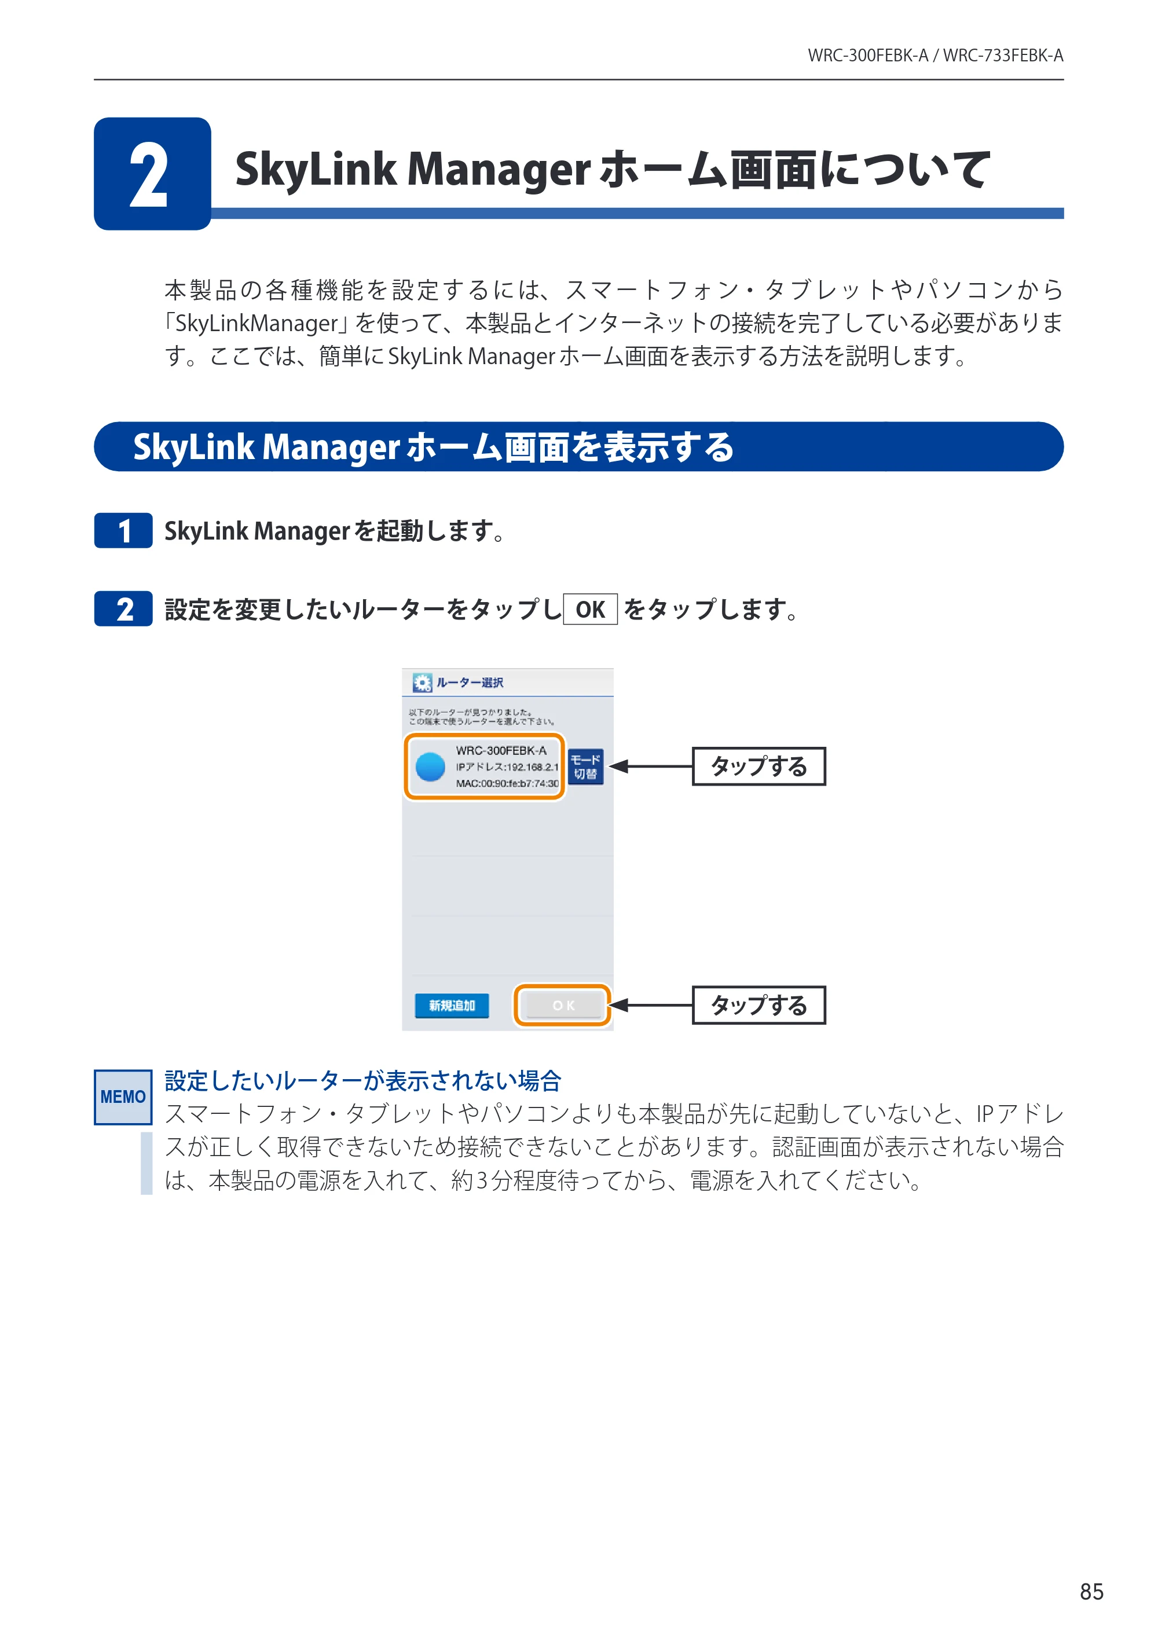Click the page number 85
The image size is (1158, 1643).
coord(1091,1591)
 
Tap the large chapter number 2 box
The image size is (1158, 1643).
coord(152,174)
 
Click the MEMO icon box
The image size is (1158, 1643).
coord(123,1096)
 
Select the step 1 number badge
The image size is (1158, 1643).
coord(123,530)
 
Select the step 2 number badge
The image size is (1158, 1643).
coord(123,609)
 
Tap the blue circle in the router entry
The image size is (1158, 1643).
coord(430,767)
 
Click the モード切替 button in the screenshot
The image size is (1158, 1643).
coord(585,767)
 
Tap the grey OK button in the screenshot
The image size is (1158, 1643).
coord(563,1006)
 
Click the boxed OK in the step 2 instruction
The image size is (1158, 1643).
coord(591,609)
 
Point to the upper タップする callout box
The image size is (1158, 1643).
coord(758,767)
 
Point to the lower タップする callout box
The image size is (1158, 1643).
coord(758,1006)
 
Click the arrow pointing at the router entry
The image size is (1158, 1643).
coord(651,767)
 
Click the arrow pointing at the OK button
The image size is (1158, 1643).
coord(651,1006)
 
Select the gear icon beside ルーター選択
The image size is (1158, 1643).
coord(422,683)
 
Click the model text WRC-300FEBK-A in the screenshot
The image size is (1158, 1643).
coord(501,750)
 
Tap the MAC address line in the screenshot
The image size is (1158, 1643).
coord(507,783)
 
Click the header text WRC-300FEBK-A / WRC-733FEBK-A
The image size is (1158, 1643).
coord(936,55)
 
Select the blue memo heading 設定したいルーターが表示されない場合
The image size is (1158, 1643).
coord(363,1080)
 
